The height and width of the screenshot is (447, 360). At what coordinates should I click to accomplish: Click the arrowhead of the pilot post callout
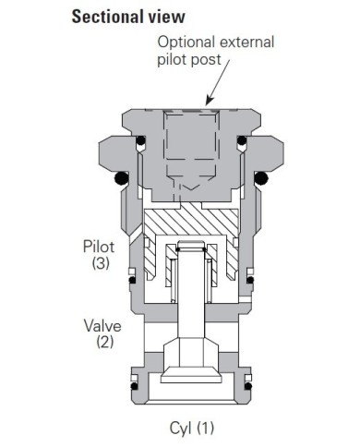point(210,101)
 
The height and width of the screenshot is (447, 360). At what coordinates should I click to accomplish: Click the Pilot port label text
point(99,247)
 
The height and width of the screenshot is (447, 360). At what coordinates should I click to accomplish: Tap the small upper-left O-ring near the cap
point(142,142)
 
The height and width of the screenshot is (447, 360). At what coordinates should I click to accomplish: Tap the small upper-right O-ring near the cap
point(242,142)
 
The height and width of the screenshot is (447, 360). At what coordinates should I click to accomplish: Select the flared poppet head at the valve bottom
point(192,365)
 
